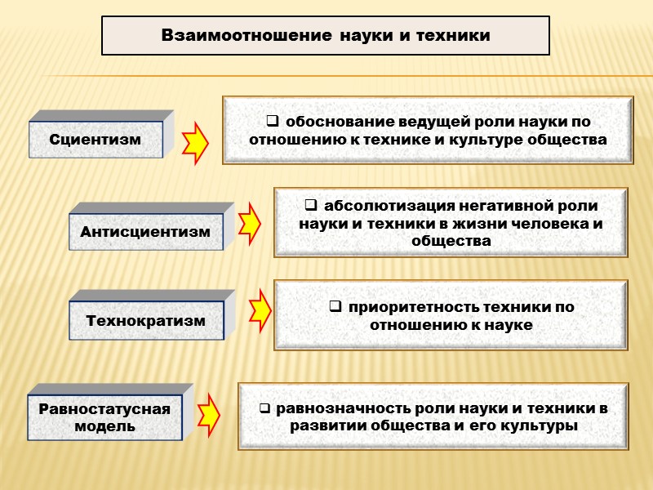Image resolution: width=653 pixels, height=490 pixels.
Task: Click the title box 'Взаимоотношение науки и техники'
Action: click(325, 36)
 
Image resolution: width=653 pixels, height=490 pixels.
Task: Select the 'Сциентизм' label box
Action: click(96, 140)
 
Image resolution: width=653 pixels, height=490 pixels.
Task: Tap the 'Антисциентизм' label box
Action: click(145, 232)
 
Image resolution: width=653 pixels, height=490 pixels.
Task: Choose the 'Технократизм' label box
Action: click(145, 320)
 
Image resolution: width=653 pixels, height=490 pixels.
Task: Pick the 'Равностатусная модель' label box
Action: click(104, 416)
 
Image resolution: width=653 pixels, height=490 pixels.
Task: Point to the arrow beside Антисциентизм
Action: click(250, 220)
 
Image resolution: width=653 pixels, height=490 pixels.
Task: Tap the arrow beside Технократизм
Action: click(260, 309)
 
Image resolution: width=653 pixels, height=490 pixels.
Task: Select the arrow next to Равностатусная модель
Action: click(209, 414)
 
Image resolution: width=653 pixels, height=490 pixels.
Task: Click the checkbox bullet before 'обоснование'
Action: click(271, 122)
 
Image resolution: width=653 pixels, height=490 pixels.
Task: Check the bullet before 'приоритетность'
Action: click(335, 307)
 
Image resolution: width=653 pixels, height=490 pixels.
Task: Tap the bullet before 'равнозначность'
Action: click(265, 408)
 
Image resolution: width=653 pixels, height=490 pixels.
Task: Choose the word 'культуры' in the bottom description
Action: click(538, 426)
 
